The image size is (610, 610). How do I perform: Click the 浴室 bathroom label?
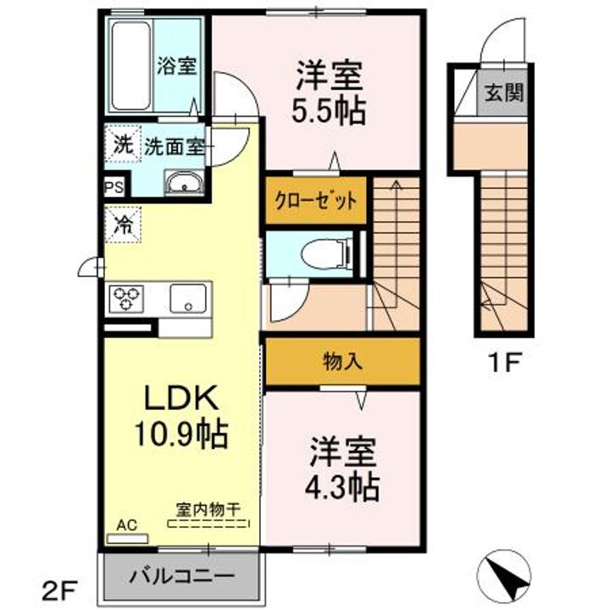point(176,66)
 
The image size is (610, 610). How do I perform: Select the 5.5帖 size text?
point(329,111)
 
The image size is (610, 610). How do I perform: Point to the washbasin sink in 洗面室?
point(184,182)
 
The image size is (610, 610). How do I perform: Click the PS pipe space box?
point(114,187)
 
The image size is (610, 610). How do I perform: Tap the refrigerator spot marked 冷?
point(123,225)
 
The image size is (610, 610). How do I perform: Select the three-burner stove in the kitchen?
point(126,298)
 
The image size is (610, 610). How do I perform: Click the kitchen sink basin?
point(188,298)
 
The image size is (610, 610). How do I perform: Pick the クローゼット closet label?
point(315,201)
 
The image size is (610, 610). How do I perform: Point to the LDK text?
point(180,397)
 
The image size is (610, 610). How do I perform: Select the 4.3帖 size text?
point(341,487)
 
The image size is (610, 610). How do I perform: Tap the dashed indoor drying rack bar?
point(208,524)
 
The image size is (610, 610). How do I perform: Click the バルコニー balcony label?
point(182,575)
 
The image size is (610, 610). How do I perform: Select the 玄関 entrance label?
point(504,93)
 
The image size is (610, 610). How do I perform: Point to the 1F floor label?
point(504,363)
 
